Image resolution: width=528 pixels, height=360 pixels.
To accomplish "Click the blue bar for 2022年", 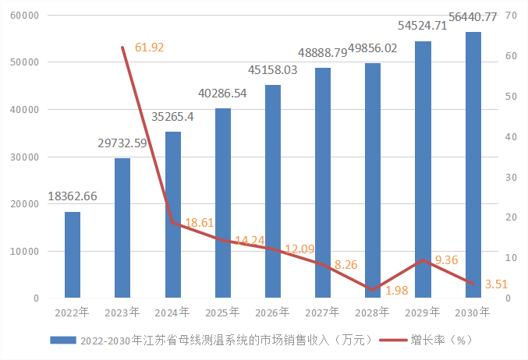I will pyautogui.click(x=73, y=255).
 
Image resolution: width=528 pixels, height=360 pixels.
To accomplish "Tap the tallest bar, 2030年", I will pyautogui.click(x=473, y=165).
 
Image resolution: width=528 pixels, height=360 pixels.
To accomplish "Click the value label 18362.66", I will pyautogui.click(x=73, y=196).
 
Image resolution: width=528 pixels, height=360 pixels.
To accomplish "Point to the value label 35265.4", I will pyautogui.click(x=172, y=117).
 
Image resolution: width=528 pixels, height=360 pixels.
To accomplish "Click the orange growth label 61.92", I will pyautogui.click(x=149, y=48).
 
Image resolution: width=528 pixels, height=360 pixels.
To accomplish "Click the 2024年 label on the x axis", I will pyautogui.click(x=172, y=312).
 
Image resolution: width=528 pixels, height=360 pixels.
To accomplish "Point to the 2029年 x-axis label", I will pyautogui.click(x=423, y=312).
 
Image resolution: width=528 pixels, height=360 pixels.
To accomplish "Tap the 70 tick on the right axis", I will pyautogui.click(x=512, y=15).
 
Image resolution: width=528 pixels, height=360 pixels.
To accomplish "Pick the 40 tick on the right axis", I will pyautogui.click(x=512, y=136).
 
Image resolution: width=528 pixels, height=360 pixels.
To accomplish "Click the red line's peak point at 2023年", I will pyautogui.click(x=122, y=48).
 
